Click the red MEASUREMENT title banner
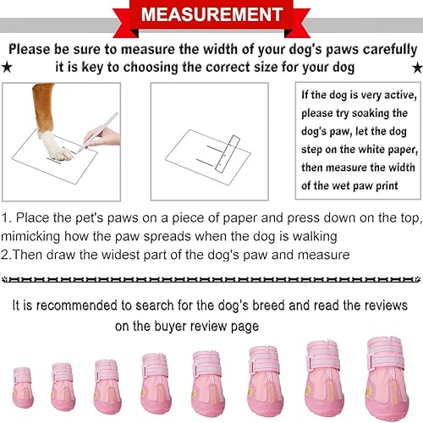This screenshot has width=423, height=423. point(211,14)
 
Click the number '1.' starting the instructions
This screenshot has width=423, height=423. point(8,217)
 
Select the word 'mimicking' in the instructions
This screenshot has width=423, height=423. point(36,236)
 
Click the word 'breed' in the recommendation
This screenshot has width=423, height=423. point(309,305)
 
